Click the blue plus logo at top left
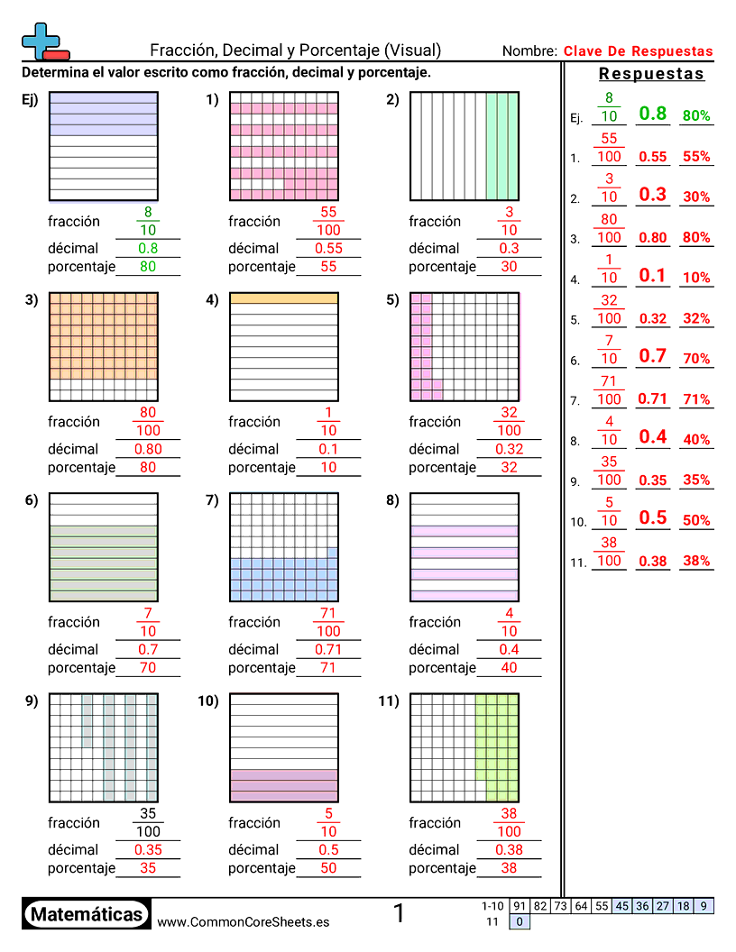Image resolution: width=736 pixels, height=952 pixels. tap(42, 41)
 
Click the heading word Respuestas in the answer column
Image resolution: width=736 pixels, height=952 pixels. tap(651, 74)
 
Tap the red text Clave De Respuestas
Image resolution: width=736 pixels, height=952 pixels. tap(638, 51)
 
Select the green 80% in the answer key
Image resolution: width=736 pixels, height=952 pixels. tap(696, 116)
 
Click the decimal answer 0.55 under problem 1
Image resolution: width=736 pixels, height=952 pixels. tap(328, 248)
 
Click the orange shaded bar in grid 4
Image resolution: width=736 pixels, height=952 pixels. tap(284, 297)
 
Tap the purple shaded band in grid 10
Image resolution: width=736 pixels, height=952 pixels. tap(284, 785)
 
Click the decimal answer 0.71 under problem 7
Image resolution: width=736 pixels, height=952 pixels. tap(328, 649)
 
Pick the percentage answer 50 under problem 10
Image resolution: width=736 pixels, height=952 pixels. tap(328, 868)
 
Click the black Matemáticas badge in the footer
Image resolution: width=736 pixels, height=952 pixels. tap(87, 914)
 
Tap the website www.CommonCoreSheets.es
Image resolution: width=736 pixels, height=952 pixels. tap(243, 922)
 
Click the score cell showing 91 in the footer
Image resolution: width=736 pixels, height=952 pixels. tap(520, 906)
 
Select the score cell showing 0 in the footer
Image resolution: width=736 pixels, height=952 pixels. tap(520, 921)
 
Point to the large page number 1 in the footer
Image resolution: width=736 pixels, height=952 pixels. tap(399, 914)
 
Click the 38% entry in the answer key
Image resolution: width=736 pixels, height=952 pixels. tap(696, 561)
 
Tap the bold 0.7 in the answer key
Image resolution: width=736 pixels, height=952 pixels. tap(652, 356)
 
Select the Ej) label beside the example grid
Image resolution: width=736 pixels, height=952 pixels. tap(30, 101)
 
